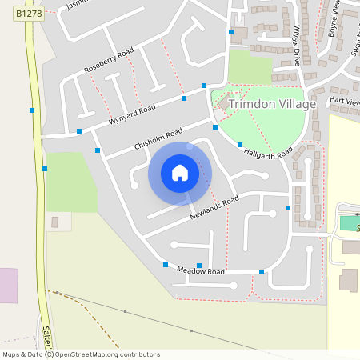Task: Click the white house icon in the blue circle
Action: [180, 173]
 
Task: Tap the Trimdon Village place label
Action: [272, 104]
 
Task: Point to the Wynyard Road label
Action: [131, 114]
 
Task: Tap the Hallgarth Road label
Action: [269, 152]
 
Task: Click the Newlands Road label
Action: [214, 208]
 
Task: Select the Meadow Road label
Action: [200, 272]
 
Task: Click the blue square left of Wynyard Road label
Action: [79, 130]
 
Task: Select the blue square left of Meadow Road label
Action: [166, 265]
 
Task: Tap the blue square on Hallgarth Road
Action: [240, 144]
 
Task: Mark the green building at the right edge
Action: [349, 222]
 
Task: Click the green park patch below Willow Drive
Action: [250, 66]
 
